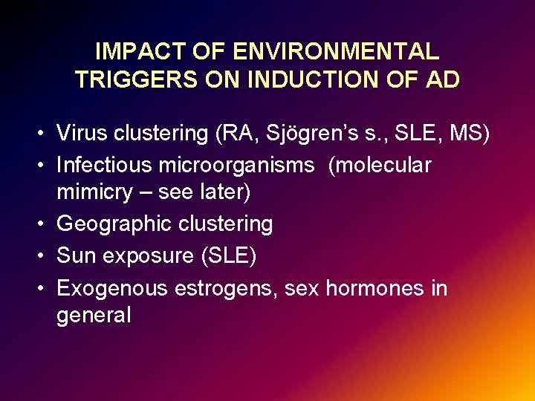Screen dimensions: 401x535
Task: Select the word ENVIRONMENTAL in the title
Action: click(x=336, y=52)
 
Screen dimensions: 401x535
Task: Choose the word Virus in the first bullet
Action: click(x=80, y=134)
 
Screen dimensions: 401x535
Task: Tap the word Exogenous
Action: click(x=112, y=288)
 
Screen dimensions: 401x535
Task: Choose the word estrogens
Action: click(x=228, y=288)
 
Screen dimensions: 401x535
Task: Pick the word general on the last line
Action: click(x=94, y=316)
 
